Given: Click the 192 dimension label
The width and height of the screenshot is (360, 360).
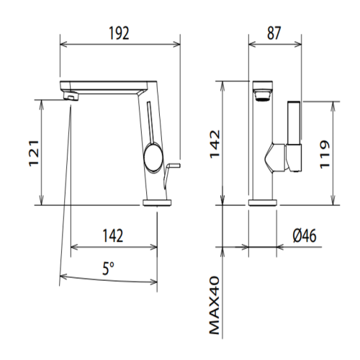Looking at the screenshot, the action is pyautogui.click(x=119, y=33).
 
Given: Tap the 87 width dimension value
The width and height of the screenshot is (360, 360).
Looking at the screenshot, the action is pyautogui.click(x=274, y=33).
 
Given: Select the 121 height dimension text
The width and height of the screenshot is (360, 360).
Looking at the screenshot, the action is pyautogui.click(x=34, y=153).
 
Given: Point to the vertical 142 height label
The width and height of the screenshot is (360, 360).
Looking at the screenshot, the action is pyautogui.click(x=215, y=144).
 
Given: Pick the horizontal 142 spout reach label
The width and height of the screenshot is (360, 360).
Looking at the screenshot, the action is pyautogui.click(x=113, y=235).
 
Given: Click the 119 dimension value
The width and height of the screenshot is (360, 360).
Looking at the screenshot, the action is pyautogui.click(x=325, y=155).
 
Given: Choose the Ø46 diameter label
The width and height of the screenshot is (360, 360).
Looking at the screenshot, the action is pyautogui.click(x=305, y=235).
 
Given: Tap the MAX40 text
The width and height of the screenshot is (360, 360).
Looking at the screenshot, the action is pyautogui.click(x=215, y=305).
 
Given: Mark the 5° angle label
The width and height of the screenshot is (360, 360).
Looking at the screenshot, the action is pyautogui.click(x=108, y=269).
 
